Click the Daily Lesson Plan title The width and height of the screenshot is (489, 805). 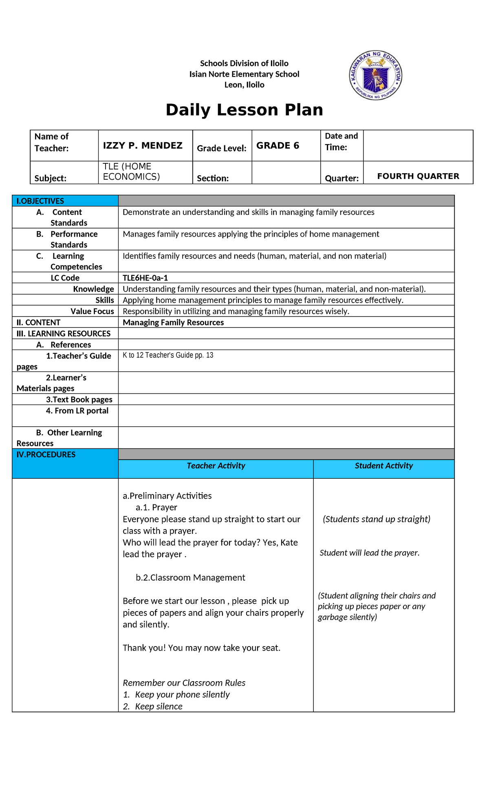click(x=244, y=110)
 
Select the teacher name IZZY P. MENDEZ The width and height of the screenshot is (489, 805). click(x=143, y=145)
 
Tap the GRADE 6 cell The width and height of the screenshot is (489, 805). click(x=278, y=145)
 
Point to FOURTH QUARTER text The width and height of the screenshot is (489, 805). click(x=418, y=176)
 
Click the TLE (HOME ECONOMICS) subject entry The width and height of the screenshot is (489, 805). click(x=131, y=172)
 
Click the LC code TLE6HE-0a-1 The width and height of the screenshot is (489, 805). click(x=145, y=278)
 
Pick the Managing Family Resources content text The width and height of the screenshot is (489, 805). click(x=173, y=322)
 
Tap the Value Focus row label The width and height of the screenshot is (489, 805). click(x=92, y=311)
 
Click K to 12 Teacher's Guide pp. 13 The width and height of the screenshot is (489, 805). click(x=168, y=355)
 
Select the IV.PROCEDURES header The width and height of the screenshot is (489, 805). click(x=46, y=455)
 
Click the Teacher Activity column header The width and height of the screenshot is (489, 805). click(x=216, y=466)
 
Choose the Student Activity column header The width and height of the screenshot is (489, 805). click(x=383, y=466)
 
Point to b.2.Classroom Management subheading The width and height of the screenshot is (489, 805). click(x=190, y=578)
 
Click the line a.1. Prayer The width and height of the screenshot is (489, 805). click(x=156, y=508)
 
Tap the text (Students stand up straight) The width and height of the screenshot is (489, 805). click(x=377, y=519)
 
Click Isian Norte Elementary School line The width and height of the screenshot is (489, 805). click(x=244, y=74)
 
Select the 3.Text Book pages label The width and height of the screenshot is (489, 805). click(x=79, y=400)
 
